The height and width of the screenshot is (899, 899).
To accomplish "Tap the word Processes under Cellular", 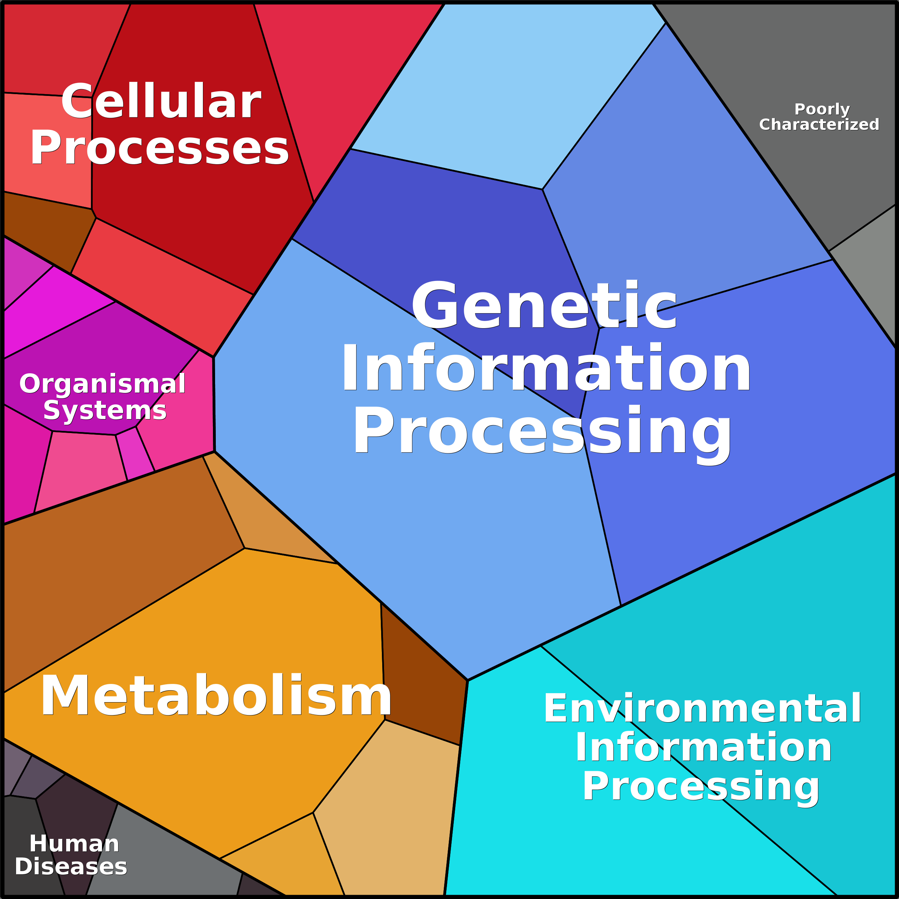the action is [x=160, y=147].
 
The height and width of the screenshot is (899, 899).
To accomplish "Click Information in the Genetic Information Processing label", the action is [x=546, y=367].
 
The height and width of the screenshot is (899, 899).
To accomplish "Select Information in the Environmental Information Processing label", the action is [x=704, y=747].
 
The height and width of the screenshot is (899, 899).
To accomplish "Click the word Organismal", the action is [x=102, y=384].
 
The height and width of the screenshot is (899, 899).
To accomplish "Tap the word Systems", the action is [x=105, y=410].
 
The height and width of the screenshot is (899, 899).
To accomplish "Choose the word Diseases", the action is [x=71, y=866].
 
